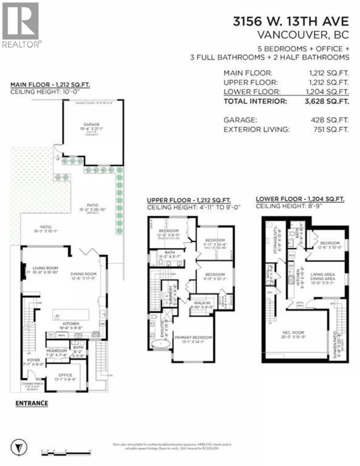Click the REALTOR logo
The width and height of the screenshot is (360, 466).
21,25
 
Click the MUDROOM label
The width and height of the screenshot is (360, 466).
56,351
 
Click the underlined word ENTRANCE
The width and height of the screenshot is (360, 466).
31,403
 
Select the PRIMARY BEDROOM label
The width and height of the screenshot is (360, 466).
193,338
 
